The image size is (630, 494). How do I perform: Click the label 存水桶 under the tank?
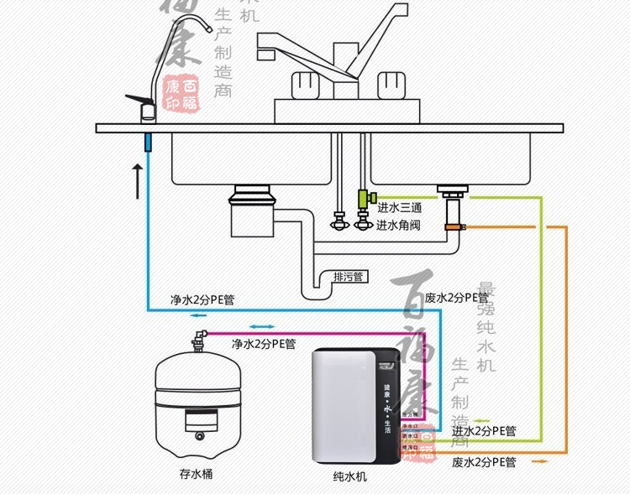tap(197, 474)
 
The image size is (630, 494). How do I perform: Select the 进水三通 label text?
tap(398, 208)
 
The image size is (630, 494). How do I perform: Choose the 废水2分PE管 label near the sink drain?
tap(457, 298)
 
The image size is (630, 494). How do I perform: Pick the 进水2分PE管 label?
tap(484, 431)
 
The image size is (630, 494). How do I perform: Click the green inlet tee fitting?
tap(364, 200)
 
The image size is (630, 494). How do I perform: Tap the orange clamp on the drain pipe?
tap(455, 226)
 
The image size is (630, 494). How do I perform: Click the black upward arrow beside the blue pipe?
tap(137, 180)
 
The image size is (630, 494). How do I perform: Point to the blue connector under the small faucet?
tap(148, 140)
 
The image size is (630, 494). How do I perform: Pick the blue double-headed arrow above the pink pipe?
tap(260, 327)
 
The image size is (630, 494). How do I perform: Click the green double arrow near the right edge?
tap(484, 421)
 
